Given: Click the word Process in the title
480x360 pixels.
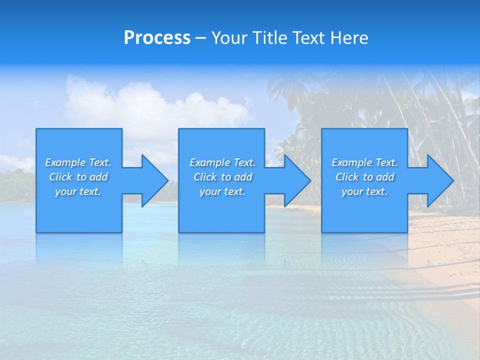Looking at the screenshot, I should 157,38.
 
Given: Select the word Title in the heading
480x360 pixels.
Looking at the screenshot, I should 268,38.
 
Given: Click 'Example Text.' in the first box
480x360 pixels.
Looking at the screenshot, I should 78,162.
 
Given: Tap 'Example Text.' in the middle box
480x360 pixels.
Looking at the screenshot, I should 222,162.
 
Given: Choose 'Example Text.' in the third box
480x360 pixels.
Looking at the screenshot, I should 364,162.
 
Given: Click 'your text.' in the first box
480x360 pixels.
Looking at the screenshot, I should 78,191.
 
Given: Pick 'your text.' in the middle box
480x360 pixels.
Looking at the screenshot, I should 222,191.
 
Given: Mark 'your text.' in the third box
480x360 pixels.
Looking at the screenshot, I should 364,191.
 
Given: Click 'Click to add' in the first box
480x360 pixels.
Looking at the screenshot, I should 78,177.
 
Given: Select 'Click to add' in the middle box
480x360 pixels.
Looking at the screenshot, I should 222,177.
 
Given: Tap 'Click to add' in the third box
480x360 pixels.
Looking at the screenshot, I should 364,177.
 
